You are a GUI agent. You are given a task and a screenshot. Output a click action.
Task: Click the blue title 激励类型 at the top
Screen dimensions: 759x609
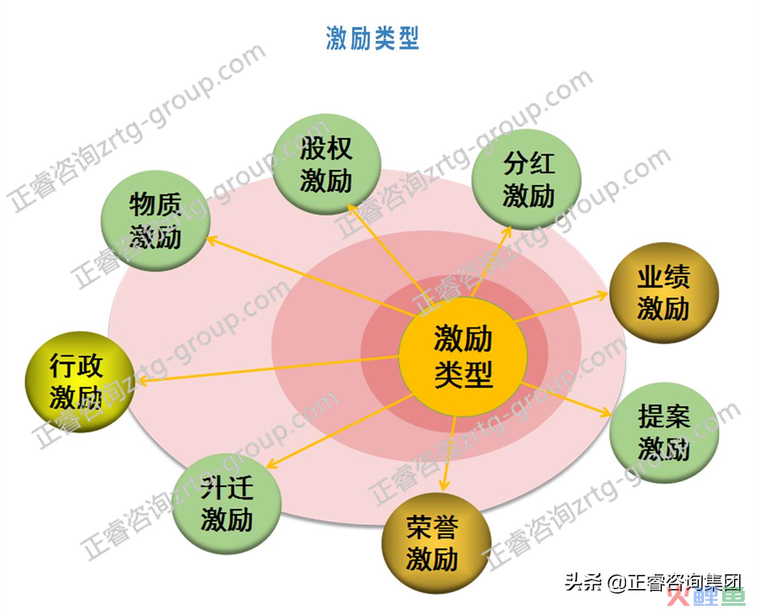point(373,38)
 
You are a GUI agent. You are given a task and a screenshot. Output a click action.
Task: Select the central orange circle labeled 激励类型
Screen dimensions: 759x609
point(463,357)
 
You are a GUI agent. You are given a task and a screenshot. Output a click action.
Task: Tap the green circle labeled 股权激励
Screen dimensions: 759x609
point(327,164)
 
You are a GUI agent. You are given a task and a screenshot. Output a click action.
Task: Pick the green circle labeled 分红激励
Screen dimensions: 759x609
point(526,180)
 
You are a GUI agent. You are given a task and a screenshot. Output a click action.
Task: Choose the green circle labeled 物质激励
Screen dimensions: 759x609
point(155,221)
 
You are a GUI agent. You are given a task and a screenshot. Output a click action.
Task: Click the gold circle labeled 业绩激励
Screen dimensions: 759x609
point(664,293)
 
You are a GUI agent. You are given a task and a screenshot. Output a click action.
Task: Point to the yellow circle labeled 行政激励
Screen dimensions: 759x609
point(80,381)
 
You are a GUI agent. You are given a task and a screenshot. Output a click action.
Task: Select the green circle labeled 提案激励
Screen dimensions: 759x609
point(664,433)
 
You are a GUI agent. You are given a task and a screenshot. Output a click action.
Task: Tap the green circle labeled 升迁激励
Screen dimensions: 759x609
point(227,504)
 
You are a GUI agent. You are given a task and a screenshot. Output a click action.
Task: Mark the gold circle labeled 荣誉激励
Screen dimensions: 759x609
point(437,543)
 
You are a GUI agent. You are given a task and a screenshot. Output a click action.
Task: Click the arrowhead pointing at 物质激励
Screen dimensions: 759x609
point(212,240)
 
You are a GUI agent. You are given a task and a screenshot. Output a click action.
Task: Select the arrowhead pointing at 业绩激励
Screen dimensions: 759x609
point(601,295)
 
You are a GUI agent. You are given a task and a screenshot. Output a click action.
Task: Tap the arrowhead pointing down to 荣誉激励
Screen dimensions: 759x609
point(444,486)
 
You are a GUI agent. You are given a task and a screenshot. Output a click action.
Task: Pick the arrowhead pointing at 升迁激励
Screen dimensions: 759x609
point(273,464)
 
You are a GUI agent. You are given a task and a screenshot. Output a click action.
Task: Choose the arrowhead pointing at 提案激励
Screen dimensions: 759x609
point(605,412)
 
